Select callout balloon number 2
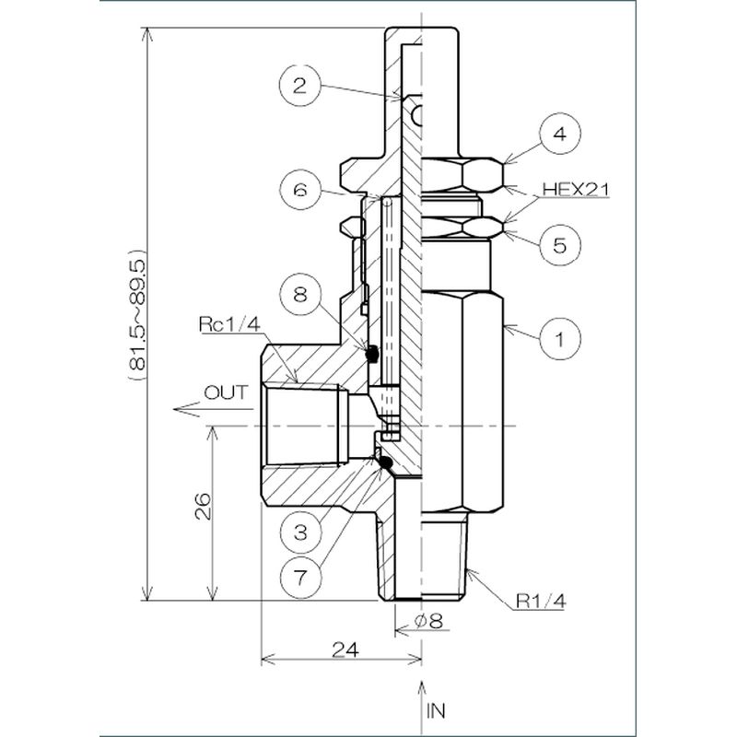[x=299, y=88]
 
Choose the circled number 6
[x=299, y=191]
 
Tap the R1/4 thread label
[x=540, y=602]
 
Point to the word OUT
[x=226, y=392]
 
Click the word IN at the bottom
[x=436, y=710]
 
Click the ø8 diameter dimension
[x=429, y=622]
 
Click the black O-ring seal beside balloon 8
[x=372, y=354]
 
